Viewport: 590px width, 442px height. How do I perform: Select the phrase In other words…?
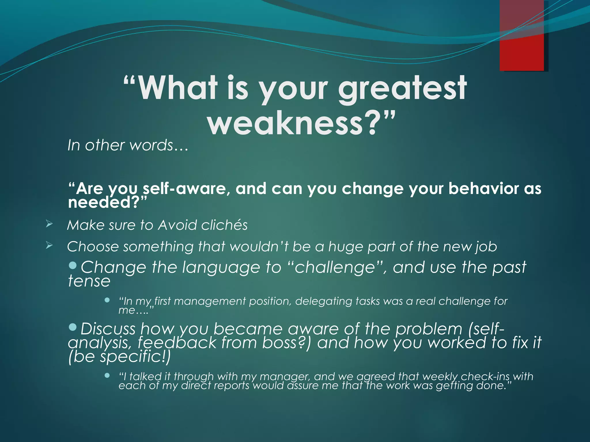tap(128, 145)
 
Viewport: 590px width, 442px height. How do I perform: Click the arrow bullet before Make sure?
tap(49, 224)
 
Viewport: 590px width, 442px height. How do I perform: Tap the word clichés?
tap(224, 225)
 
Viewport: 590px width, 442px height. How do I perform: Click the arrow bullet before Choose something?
tap(49, 245)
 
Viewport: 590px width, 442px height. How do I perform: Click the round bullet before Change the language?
tap(73, 265)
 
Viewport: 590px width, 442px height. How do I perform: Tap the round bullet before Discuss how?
tap(73, 327)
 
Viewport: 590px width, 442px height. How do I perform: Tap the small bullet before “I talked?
tap(107, 375)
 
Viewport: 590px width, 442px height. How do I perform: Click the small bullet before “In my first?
tap(107, 300)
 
